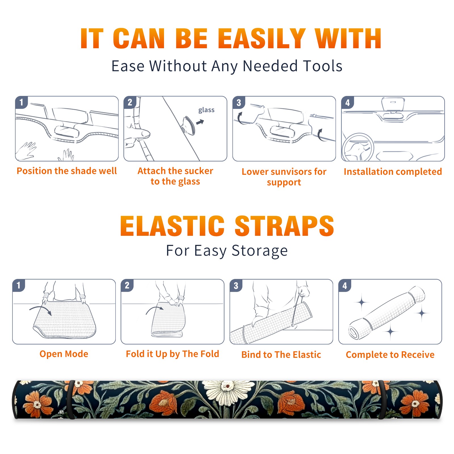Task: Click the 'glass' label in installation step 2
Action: pyautogui.click(x=206, y=110)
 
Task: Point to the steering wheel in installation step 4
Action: pyautogui.click(x=358, y=147)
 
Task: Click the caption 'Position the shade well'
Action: pyautogui.click(x=67, y=171)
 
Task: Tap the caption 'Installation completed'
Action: pyautogui.click(x=393, y=171)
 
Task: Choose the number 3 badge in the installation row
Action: pyautogui.click(x=239, y=103)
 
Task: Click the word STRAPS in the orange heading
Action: pyautogui.click(x=284, y=226)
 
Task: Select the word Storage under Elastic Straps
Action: pyautogui.click(x=260, y=251)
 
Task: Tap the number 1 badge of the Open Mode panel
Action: pyautogui.click(x=19, y=285)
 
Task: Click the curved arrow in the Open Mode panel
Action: pyautogui.click(x=40, y=309)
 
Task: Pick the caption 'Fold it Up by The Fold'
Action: pyautogui.click(x=173, y=354)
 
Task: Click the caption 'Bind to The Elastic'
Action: pyautogui.click(x=281, y=355)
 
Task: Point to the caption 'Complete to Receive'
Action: pyautogui.click(x=390, y=355)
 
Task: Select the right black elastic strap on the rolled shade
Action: pyautogui.click(x=383, y=400)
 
